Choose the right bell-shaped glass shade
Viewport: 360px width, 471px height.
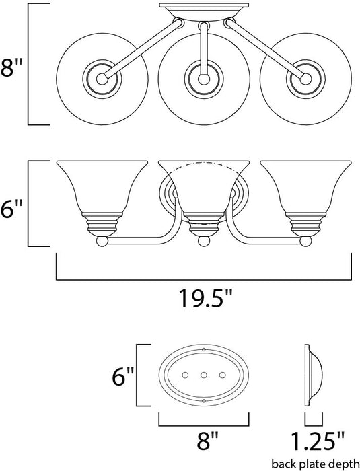tap(300, 192)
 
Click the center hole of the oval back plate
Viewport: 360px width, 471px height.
tap(203, 375)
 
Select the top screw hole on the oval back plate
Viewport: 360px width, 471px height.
tap(203, 349)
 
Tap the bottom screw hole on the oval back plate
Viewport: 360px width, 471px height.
tap(203, 400)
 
